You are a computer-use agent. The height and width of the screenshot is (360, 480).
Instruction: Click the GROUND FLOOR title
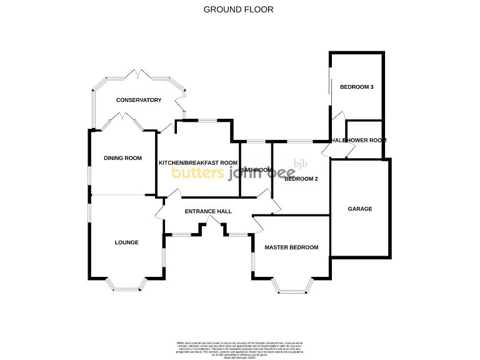[239, 9]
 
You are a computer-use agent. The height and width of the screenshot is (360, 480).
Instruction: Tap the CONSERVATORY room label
[138, 100]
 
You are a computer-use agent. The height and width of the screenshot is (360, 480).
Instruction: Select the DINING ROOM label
[122, 158]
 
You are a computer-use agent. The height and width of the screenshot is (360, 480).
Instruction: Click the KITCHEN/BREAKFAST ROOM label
[198, 162]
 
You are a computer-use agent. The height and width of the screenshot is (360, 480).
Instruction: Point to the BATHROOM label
[256, 170]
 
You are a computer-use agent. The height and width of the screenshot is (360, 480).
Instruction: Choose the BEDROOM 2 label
[301, 179]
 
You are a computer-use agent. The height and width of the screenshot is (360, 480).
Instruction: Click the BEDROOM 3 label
[356, 87]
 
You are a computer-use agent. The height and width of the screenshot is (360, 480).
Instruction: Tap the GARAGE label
[360, 209]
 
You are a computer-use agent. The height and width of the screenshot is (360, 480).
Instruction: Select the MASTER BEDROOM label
[291, 247]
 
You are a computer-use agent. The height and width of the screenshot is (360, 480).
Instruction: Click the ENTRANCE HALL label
[208, 211]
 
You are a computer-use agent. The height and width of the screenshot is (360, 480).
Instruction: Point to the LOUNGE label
[126, 242]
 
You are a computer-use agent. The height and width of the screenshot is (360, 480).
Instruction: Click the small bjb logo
[301, 164]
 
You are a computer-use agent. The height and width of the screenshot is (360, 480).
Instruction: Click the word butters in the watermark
[197, 173]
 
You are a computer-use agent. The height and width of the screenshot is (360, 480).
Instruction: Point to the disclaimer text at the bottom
[239, 348]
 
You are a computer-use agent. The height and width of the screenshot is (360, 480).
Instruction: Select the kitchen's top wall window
[207, 121]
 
